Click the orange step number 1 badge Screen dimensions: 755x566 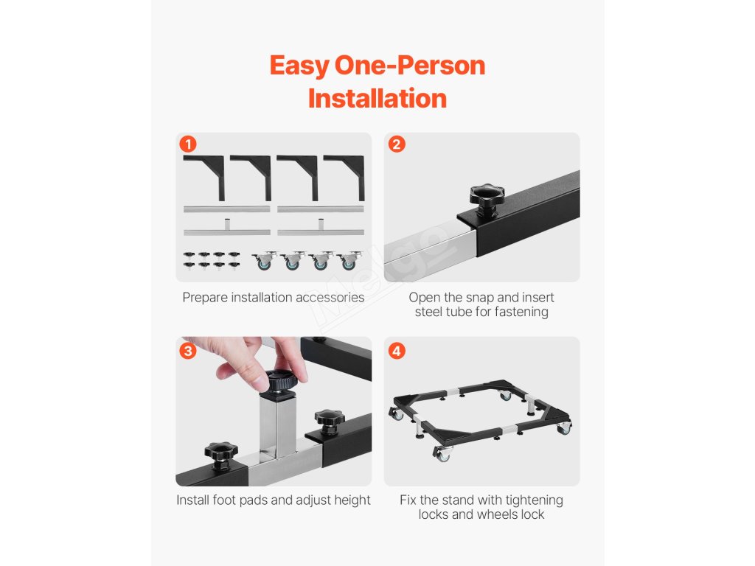pos(188,144)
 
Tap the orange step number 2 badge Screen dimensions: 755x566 pos(397,144)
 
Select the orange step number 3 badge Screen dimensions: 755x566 pos(188,351)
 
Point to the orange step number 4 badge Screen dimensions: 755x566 pos(397,351)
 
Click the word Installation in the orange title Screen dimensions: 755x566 pos(377,99)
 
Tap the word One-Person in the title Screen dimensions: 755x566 pos(410,66)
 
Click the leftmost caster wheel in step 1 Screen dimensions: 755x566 pos(264,261)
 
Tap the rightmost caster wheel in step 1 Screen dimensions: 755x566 pos(348,261)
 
